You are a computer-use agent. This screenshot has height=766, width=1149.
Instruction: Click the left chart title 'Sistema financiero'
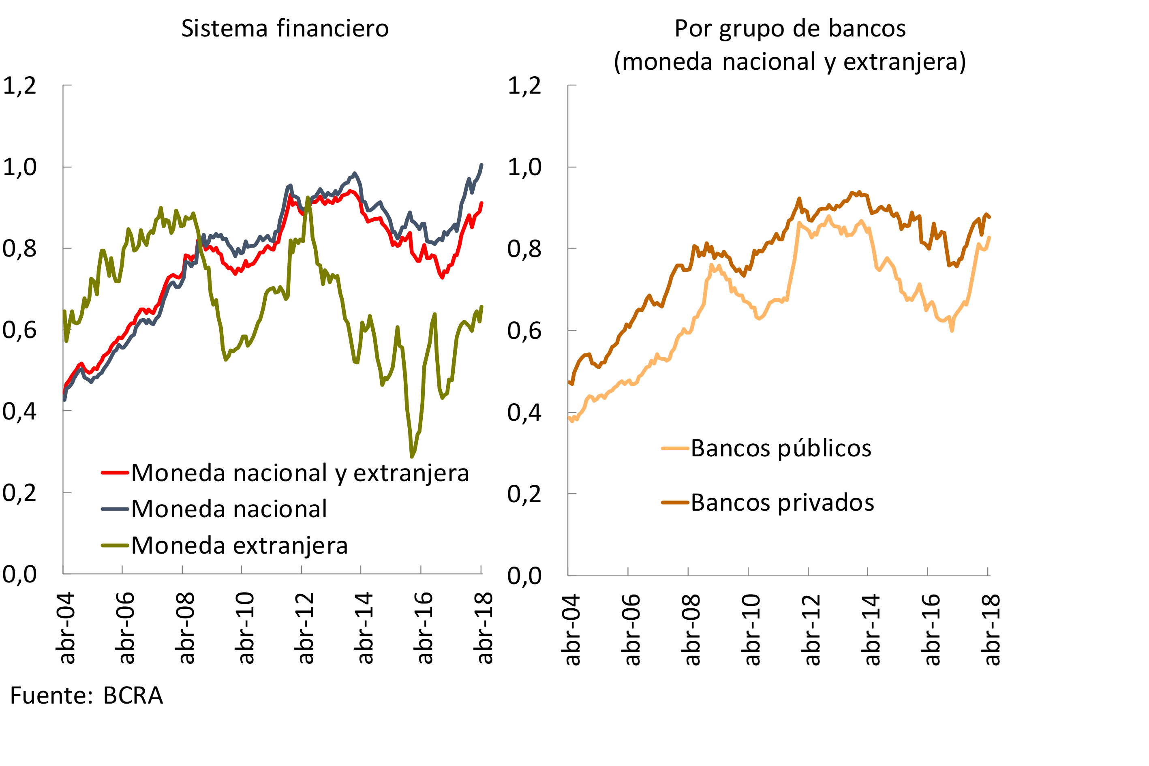click(285, 28)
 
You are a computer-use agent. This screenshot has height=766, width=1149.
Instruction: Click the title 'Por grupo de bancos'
click(790, 28)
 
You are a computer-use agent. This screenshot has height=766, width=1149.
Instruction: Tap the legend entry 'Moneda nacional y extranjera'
click(300, 473)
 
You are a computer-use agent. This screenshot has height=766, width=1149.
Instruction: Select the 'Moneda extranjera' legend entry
click(240, 545)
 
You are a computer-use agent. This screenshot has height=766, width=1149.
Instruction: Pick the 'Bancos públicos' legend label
click(781, 448)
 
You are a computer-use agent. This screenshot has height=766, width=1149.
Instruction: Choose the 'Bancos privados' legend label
click(782, 502)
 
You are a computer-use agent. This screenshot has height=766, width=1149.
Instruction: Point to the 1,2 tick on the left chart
click(19, 86)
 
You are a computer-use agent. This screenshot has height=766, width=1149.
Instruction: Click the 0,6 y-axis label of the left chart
click(19, 330)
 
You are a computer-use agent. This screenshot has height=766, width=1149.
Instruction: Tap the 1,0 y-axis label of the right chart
click(524, 167)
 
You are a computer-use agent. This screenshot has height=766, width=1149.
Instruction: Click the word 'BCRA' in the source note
click(133, 695)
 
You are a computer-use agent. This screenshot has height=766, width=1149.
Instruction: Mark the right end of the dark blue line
click(481, 165)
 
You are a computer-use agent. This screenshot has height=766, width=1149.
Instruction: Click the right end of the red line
click(481, 203)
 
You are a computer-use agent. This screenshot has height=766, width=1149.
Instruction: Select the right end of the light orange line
click(989, 238)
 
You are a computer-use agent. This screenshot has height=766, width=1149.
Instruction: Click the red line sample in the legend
click(115, 473)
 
